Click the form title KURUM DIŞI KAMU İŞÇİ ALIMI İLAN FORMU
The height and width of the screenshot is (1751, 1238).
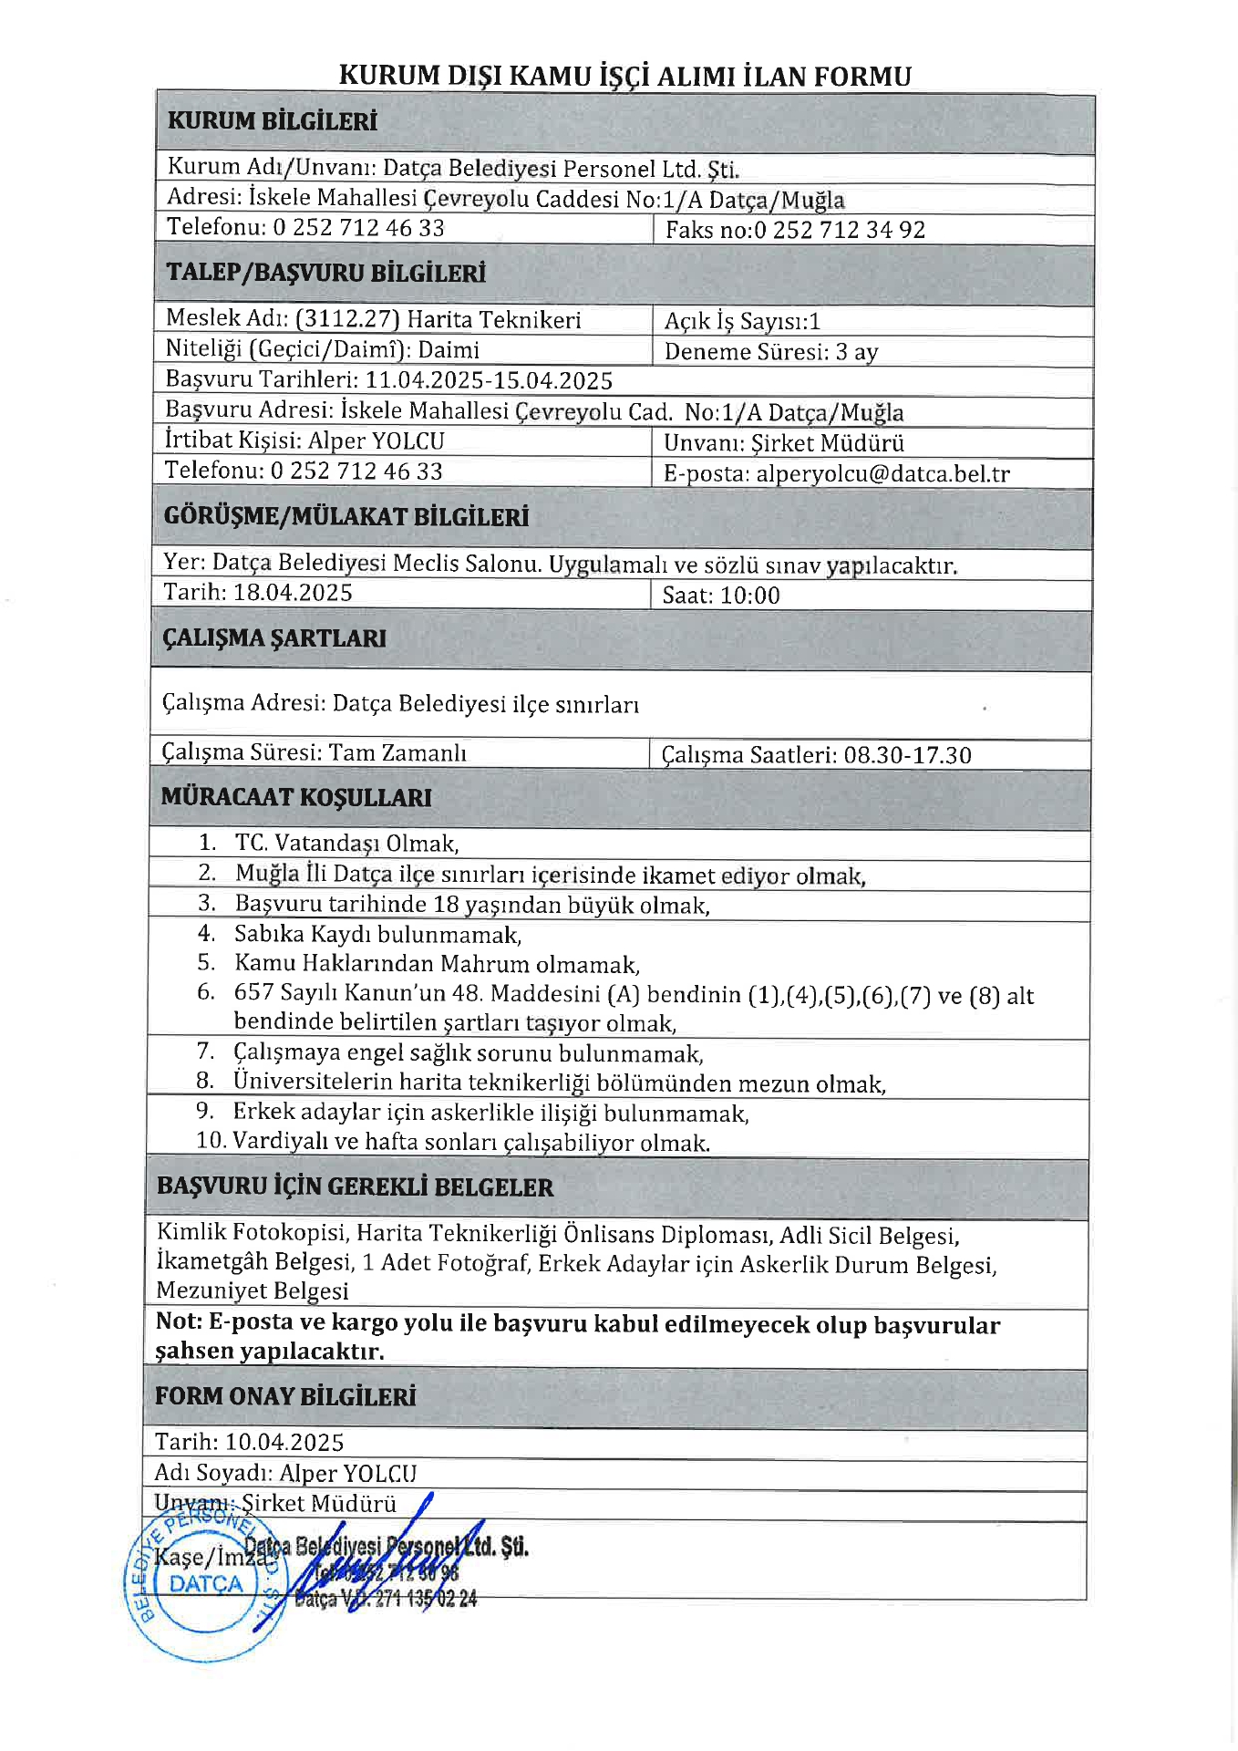(624, 76)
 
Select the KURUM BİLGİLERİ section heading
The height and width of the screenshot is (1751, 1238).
(272, 121)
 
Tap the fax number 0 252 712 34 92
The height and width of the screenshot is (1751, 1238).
(839, 230)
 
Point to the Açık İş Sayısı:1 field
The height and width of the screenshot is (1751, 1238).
(742, 321)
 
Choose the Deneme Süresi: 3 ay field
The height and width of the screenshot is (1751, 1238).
(770, 352)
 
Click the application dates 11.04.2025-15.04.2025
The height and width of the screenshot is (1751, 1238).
(489, 380)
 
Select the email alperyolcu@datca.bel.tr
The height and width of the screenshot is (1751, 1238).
(882, 474)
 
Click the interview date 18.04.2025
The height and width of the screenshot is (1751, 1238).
(293, 593)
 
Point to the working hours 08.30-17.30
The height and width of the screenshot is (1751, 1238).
(907, 755)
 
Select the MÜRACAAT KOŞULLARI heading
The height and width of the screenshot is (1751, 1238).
(295, 797)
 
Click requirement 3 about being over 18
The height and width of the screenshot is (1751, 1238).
(471, 905)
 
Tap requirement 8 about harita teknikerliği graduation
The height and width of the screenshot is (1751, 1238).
(559, 1083)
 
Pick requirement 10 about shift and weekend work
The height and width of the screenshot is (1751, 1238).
(470, 1142)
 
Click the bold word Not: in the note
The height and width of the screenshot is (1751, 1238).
(179, 1321)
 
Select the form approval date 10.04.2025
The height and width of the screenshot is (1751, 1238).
(284, 1442)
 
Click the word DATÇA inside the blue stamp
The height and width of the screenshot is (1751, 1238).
(206, 1584)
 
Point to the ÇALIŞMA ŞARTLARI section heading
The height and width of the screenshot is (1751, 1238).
(273, 638)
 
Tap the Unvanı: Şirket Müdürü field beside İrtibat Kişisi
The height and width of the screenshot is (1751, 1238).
(783, 443)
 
